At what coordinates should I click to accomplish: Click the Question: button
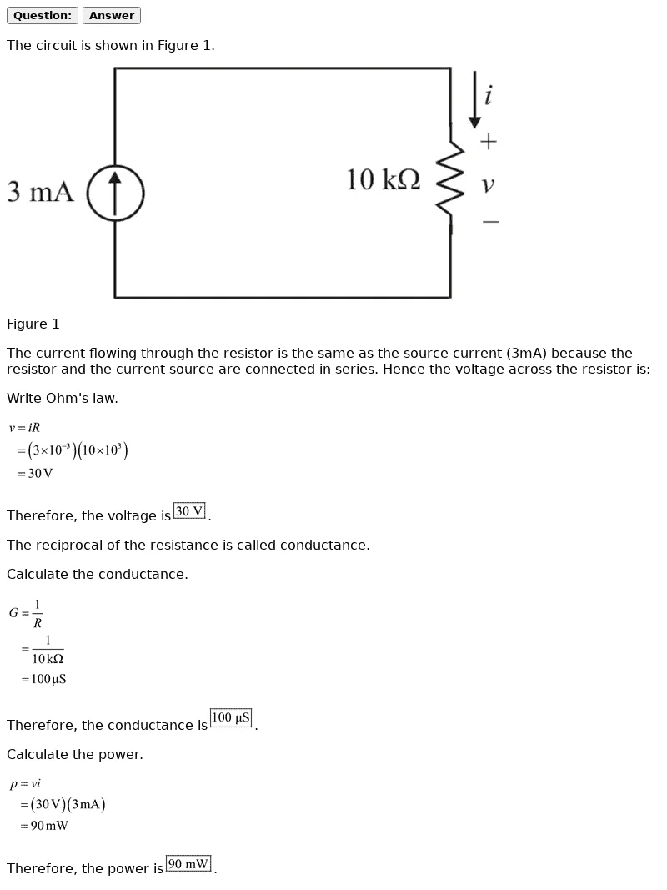coord(42,15)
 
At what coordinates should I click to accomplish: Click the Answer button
coord(112,15)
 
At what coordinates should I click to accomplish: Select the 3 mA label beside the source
coord(40,191)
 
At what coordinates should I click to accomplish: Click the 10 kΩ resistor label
coord(384,179)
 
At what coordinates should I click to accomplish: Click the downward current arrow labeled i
coord(474,99)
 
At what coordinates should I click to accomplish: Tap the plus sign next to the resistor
coord(489,141)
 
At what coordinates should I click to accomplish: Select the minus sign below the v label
coord(490,221)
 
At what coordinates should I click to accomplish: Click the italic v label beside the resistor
coord(488,184)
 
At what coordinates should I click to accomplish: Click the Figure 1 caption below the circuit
coord(33,324)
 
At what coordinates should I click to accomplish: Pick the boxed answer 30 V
coord(190,511)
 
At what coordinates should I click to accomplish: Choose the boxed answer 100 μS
coord(231,718)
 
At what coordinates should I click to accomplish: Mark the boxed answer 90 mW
coord(189,864)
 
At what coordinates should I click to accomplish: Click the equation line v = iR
coord(24,427)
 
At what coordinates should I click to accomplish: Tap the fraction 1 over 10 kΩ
coord(48,649)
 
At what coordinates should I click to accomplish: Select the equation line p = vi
coord(25,784)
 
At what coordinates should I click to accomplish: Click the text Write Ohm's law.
coord(63,399)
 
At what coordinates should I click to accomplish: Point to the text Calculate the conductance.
coord(97,575)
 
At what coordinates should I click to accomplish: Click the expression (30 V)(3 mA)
coord(68,804)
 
